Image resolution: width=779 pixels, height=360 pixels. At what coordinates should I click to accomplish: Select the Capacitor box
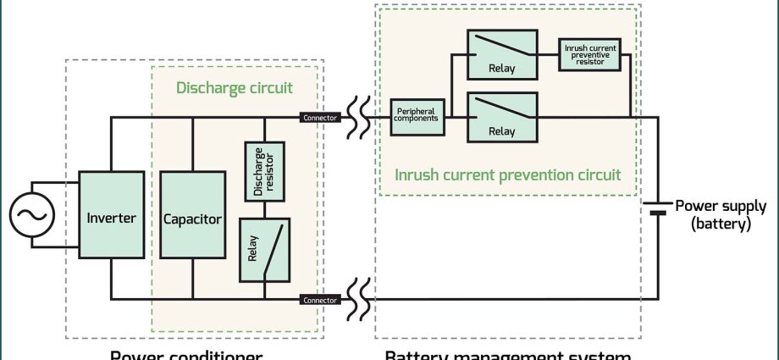pyautogui.click(x=192, y=219)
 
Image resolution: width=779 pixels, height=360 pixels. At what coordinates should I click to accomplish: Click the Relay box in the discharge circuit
pyautogui.click(x=265, y=250)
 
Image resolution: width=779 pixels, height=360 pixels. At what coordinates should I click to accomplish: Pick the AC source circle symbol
pyautogui.click(x=32, y=215)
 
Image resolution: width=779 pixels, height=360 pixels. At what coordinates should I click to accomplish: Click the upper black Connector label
pyautogui.click(x=321, y=118)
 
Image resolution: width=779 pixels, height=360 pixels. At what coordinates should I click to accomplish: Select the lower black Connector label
pyautogui.click(x=321, y=300)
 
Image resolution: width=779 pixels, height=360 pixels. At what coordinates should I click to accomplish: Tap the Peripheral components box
pyautogui.click(x=416, y=118)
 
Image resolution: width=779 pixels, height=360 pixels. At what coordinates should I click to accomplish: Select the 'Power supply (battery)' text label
pyautogui.click(x=720, y=215)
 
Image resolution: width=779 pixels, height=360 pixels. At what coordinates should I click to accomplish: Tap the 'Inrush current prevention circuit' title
pyautogui.click(x=508, y=175)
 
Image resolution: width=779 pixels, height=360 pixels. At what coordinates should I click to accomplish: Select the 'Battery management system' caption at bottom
pyautogui.click(x=508, y=354)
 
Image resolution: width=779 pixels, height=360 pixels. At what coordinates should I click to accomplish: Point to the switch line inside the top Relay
pyautogui.click(x=501, y=47)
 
